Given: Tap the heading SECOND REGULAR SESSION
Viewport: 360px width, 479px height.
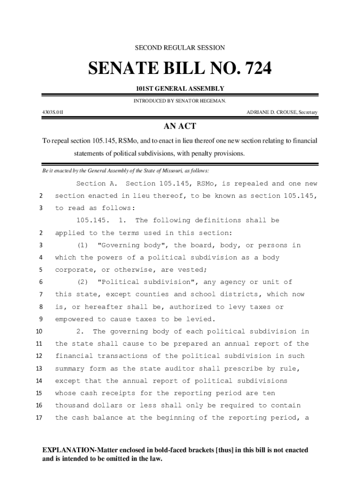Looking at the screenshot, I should click(x=180, y=48).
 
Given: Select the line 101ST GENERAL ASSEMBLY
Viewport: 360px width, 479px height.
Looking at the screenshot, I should click(x=180, y=89).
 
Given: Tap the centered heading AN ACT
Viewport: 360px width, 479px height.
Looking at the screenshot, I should click(x=180, y=126).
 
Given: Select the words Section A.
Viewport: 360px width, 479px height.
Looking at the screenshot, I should click(x=97, y=183).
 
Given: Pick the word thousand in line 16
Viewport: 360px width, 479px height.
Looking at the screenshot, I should click(x=72, y=405).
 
